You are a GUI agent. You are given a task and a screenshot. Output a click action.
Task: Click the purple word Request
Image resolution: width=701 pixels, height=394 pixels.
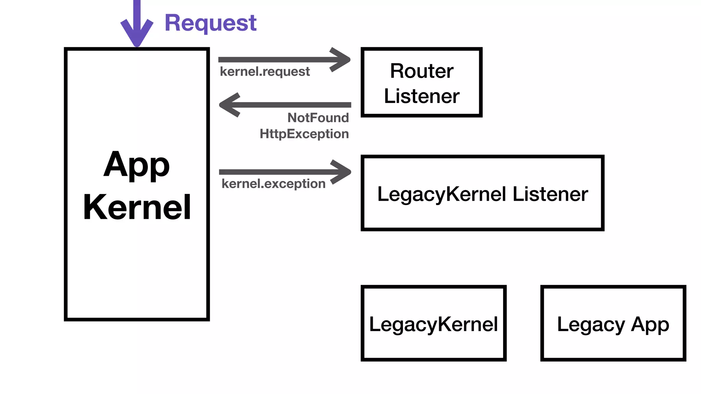pyautogui.click(x=211, y=23)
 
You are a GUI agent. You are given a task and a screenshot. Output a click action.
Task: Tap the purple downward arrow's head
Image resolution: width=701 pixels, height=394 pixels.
pyautogui.click(x=137, y=34)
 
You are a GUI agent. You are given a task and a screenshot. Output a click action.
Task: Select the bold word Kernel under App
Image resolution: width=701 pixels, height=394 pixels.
pyautogui.click(x=137, y=207)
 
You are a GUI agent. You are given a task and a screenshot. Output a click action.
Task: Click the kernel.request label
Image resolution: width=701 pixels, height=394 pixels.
pyautogui.click(x=265, y=71)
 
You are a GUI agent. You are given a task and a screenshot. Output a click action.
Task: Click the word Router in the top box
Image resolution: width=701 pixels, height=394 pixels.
pyautogui.click(x=421, y=71)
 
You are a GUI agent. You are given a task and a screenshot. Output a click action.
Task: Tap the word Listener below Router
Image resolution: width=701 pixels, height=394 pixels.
pyautogui.click(x=421, y=96)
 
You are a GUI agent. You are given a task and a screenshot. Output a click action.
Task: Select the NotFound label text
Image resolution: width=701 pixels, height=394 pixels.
pyautogui.click(x=318, y=118)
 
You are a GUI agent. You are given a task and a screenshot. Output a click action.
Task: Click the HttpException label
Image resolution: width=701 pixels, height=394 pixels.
pyautogui.click(x=304, y=134)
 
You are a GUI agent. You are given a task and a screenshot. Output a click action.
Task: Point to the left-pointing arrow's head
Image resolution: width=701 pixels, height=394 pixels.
pyautogui.click(x=229, y=105)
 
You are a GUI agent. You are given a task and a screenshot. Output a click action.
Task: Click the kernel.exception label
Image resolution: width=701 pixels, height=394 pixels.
pyautogui.click(x=273, y=184)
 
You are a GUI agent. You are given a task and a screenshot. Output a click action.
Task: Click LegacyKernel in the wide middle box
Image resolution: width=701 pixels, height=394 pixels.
pyautogui.click(x=442, y=194)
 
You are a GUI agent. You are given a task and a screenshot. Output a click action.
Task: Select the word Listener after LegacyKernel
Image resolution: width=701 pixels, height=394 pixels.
pyautogui.click(x=550, y=194)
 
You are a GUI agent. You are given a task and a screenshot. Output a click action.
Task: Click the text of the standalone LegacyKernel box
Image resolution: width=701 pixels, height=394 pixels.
pyautogui.click(x=433, y=324)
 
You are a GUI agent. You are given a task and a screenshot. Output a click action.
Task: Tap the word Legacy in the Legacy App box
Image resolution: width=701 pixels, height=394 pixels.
pyautogui.click(x=591, y=324)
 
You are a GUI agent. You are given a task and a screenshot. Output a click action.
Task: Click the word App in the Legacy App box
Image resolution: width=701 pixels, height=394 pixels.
pyautogui.click(x=650, y=324)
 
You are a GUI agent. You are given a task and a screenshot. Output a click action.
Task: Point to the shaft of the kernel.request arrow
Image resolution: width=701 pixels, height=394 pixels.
pyautogui.click(x=274, y=60)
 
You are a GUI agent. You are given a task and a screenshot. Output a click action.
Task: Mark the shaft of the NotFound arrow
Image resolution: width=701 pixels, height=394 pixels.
pyautogui.click(x=294, y=105)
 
